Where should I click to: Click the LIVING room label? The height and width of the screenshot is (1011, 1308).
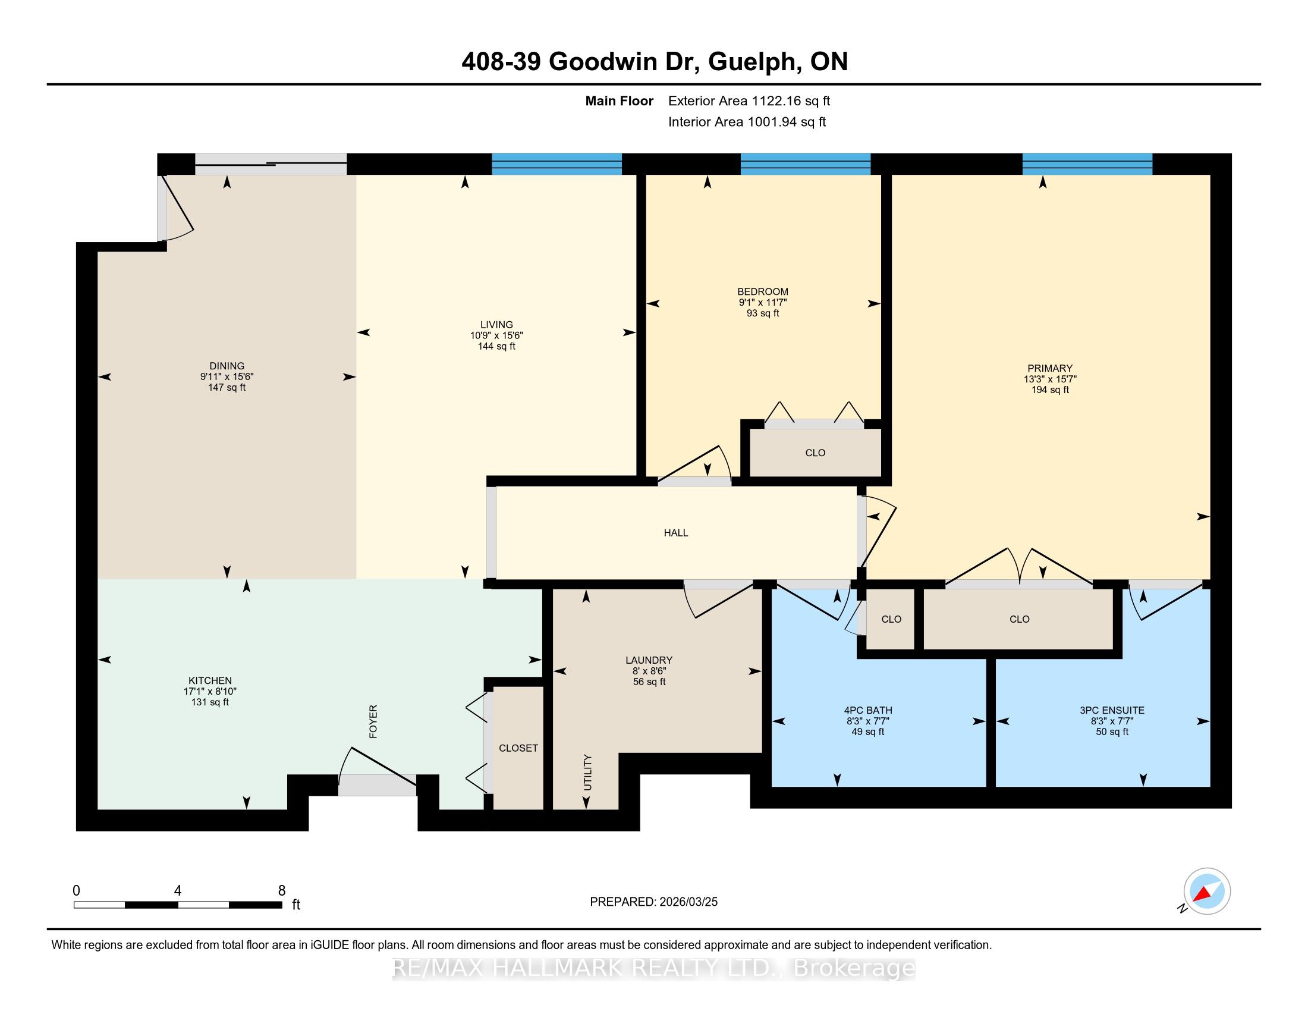tap(496, 325)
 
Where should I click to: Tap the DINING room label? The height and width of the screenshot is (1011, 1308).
tap(227, 366)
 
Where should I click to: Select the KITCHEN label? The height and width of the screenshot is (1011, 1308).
tap(210, 680)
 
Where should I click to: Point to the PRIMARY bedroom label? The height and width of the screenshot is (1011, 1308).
tap(1050, 368)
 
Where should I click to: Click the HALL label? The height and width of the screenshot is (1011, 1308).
tap(676, 533)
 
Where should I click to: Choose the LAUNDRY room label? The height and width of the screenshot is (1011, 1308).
tap(649, 660)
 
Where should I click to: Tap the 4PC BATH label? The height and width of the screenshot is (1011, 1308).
tap(868, 710)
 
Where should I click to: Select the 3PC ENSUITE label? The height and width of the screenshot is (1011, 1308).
tap(1112, 710)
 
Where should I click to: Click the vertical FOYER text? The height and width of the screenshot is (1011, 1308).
tap(373, 721)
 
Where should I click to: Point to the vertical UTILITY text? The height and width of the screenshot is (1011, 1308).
tap(587, 772)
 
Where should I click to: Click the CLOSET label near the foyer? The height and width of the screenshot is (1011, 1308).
tap(518, 748)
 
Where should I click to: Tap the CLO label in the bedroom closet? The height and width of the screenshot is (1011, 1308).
tap(815, 453)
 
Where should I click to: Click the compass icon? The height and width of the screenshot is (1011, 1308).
tap(1206, 892)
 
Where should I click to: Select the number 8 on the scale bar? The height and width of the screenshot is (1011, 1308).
tap(282, 891)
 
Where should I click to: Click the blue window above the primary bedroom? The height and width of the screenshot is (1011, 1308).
tap(1087, 164)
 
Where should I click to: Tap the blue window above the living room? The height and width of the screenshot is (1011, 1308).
tap(557, 164)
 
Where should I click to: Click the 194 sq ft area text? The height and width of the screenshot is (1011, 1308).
tap(1050, 390)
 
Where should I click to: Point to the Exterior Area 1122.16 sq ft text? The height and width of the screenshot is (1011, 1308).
tap(749, 101)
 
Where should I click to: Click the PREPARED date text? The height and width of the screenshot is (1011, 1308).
tap(653, 902)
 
